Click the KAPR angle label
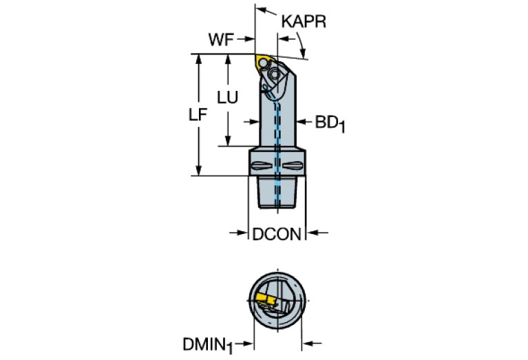[303, 22]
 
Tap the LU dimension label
[227, 98]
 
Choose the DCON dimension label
[276, 235]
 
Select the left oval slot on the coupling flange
[261, 165]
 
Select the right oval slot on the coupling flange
[293, 165]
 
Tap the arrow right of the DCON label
[313, 235]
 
